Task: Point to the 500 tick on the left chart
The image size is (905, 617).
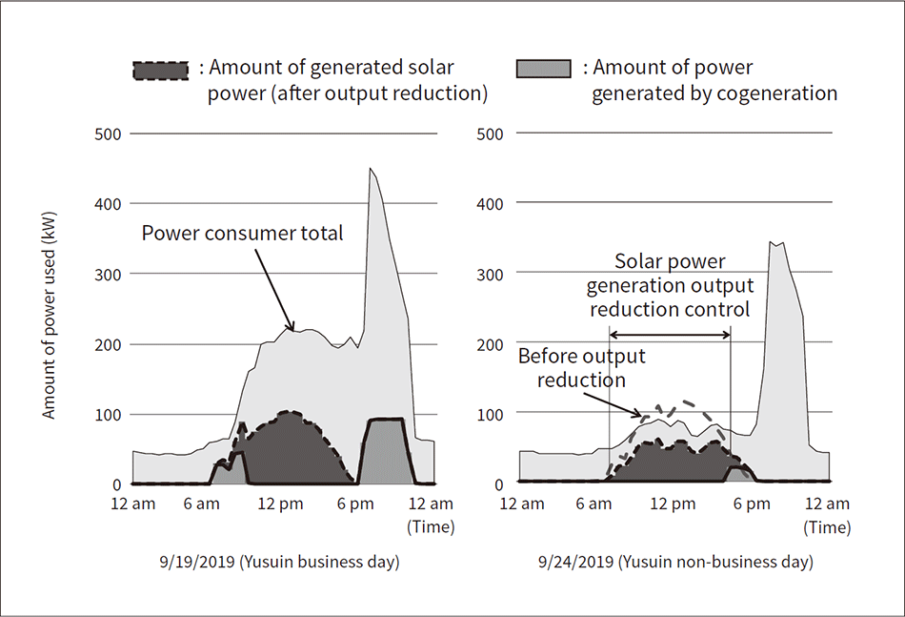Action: coord(108,134)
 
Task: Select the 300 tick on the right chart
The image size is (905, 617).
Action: coord(489,273)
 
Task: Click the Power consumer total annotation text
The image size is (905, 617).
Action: coord(242,234)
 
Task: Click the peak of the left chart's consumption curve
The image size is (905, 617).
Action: coord(371,169)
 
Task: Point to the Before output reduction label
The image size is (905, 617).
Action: coord(581,368)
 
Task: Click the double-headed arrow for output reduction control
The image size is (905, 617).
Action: coord(670,335)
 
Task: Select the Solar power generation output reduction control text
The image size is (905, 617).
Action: coord(670,285)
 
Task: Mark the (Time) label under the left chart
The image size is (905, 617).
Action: coord(431,525)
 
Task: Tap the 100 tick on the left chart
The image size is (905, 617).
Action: coord(108,414)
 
